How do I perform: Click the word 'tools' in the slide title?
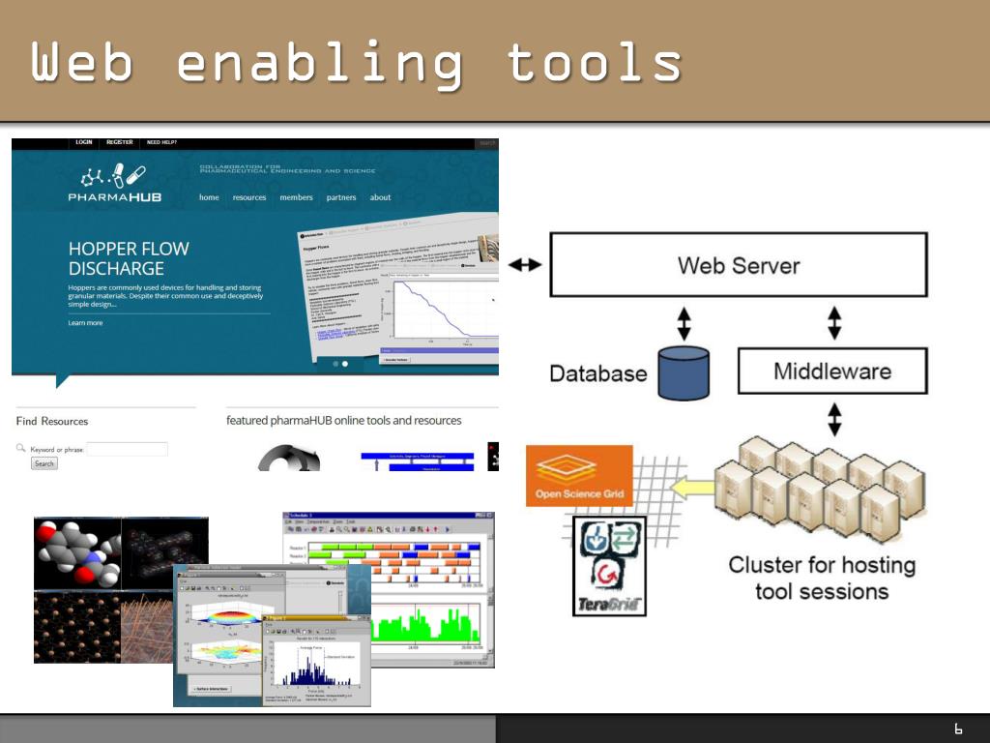coord(594,64)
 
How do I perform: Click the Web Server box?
coord(739,264)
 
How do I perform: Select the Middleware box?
coord(832,371)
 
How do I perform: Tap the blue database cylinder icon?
coord(684,373)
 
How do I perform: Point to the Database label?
coord(598,373)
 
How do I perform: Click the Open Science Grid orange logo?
coord(580,476)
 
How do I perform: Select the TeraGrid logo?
coord(610,567)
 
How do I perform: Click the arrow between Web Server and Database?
coord(684,323)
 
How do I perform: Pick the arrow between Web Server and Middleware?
coord(834,323)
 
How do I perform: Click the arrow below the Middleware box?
coord(834,418)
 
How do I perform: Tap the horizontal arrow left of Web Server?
coord(525,264)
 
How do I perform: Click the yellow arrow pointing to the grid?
coord(692,487)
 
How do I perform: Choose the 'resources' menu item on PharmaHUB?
coord(249,197)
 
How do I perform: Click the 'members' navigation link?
coord(297,197)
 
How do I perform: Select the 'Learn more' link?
coord(85,323)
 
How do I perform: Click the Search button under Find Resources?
coord(44,463)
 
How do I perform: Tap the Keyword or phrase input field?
coord(128,449)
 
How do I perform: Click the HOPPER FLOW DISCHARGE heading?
coord(129,258)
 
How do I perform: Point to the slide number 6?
coord(958,728)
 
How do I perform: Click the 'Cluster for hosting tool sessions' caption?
coord(822,578)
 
